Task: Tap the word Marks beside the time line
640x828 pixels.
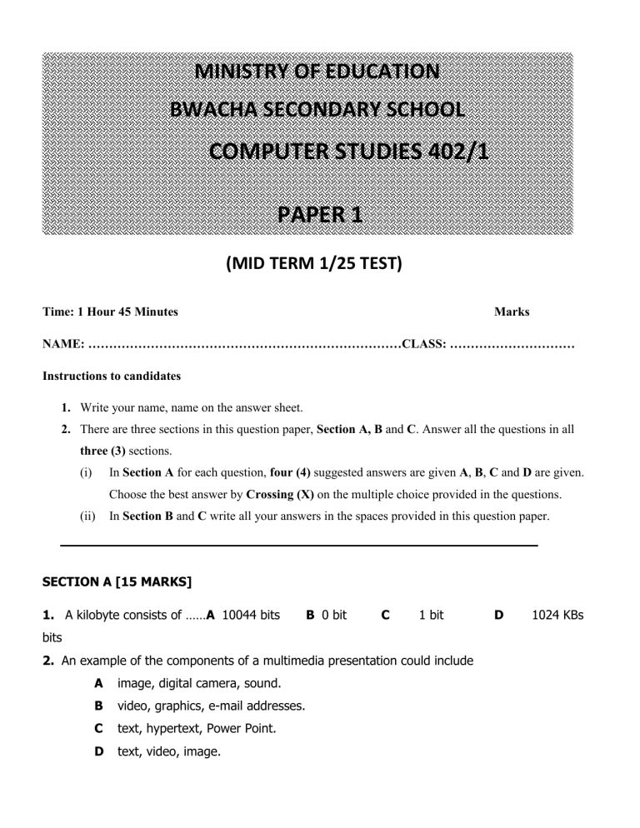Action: tap(512, 312)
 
